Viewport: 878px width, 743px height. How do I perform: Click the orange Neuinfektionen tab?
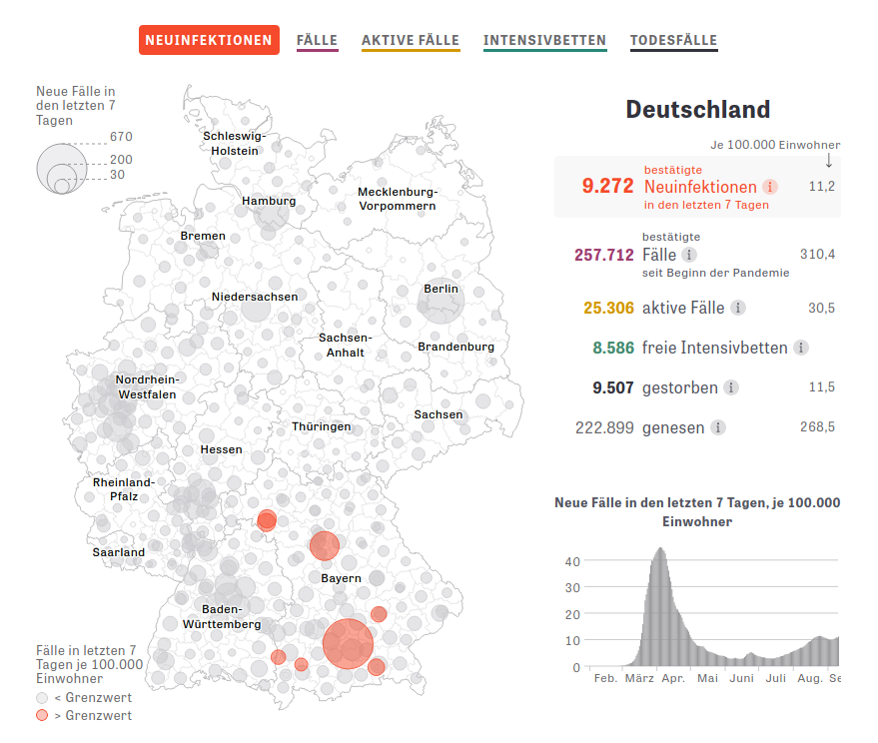pos(209,40)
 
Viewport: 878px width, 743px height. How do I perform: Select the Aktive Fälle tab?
pos(411,40)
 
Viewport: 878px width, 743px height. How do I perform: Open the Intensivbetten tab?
pos(544,40)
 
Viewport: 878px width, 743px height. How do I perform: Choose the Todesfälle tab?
pos(673,40)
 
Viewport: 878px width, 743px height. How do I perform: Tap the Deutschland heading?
pos(697,109)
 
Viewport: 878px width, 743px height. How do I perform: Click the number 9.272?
pos(607,186)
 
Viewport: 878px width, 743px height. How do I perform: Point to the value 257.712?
pos(604,255)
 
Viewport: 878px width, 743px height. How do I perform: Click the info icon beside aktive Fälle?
pos(738,308)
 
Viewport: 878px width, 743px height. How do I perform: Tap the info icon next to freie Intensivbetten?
pos(801,348)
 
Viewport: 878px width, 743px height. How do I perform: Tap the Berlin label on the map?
pos(440,289)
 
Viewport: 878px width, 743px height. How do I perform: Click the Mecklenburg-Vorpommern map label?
pos(398,198)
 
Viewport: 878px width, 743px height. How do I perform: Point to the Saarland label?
pos(119,551)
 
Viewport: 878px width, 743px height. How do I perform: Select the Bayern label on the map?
pos(341,578)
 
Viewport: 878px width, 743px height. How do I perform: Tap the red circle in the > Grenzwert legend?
pos(42,715)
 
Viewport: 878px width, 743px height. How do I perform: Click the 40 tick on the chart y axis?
pos(572,560)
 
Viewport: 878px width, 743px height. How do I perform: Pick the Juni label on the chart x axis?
pos(742,678)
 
